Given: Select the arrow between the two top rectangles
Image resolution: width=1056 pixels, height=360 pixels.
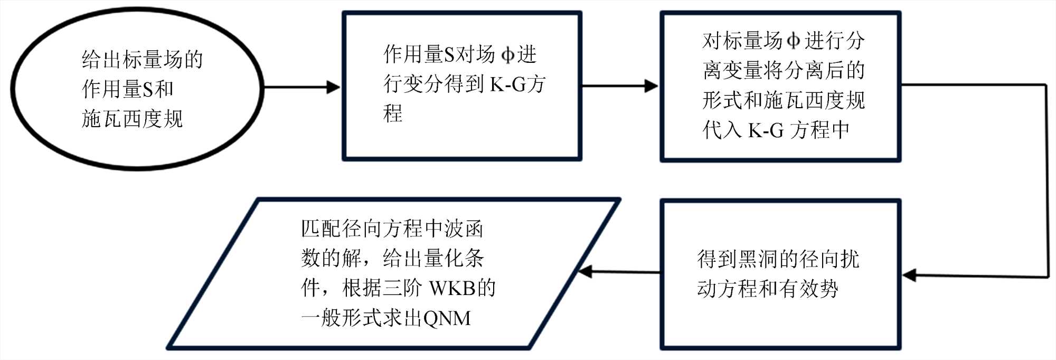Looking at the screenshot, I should tap(620, 86).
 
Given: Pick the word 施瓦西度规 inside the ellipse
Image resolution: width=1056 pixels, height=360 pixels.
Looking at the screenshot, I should tap(132, 119).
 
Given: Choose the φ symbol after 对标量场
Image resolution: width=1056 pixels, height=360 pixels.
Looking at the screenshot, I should tap(794, 41).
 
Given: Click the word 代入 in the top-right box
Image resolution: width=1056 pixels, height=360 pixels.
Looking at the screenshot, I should tap(722, 130).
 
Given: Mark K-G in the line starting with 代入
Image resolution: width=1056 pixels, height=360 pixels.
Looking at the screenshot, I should tap(766, 130).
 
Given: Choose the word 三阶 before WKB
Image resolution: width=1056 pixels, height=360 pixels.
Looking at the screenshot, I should tap(402, 288).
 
